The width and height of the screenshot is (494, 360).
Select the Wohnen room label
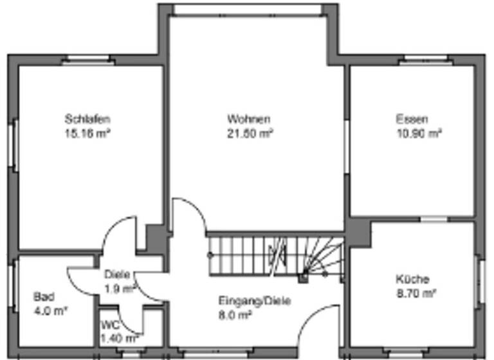tap(248, 120)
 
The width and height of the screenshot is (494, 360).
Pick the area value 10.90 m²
tap(419, 134)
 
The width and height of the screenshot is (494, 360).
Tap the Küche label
tap(412, 280)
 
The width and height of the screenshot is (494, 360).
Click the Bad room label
tap(43, 297)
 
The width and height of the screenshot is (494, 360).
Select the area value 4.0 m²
tap(51, 311)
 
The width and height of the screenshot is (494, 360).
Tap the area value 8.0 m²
tap(235, 315)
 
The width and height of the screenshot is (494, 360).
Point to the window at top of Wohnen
tap(248, 9)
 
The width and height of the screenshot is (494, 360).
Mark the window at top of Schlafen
tap(88, 62)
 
